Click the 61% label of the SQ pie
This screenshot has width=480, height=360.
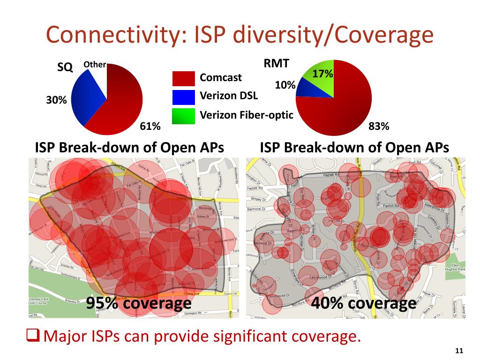[x=150, y=126]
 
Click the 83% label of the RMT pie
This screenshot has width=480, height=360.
[x=379, y=126]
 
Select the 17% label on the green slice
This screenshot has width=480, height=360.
[x=322, y=74]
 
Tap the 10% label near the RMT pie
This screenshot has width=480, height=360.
[x=285, y=85]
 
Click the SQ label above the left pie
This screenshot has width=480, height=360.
[x=65, y=67]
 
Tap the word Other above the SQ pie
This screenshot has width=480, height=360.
[x=95, y=65]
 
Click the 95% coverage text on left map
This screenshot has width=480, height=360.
[x=139, y=303]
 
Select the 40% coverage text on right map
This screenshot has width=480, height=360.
[x=363, y=303]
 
